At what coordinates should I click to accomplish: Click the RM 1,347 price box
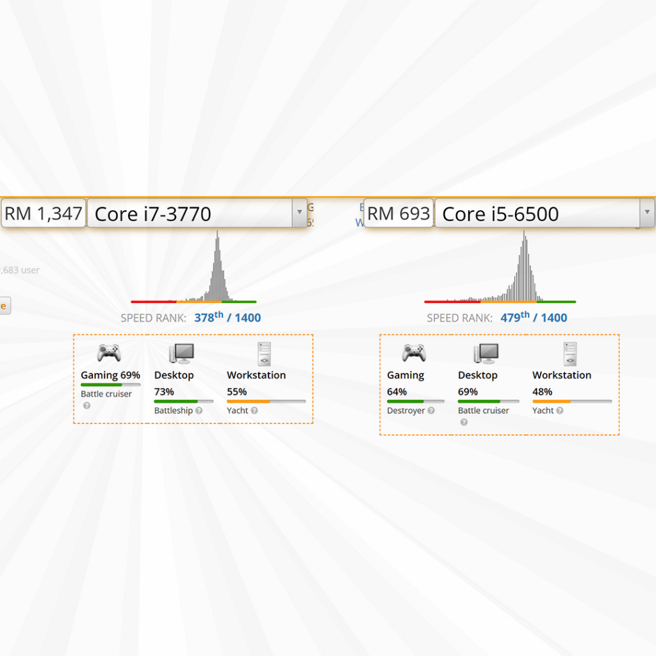(x=44, y=213)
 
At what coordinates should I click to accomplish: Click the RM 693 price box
(x=398, y=213)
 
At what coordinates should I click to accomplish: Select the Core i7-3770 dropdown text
(x=153, y=214)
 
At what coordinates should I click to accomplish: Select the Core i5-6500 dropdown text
(x=500, y=214)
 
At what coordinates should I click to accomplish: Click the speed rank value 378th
(x=209, y=317)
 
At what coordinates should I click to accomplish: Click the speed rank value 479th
(x=515, y=317)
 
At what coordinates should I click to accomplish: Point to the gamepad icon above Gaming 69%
(x=109, y=352)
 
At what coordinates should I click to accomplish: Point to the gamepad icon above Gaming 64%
(x=414, y=352)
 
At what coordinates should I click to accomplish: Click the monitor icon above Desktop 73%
(x=181, y=354)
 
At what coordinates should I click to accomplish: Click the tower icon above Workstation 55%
(x=264, y=354)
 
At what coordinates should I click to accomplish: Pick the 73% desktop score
(x=164, y=391)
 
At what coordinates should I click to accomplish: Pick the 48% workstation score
(x=542, y=391)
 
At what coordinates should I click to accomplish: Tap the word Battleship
(x=174, y=411)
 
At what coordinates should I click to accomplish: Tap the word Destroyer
(x=406, y=411)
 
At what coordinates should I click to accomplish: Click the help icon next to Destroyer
(x=431, y=411)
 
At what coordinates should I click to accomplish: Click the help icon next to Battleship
(x=199, y=411)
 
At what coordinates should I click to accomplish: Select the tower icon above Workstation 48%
(x=570, y=354)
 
